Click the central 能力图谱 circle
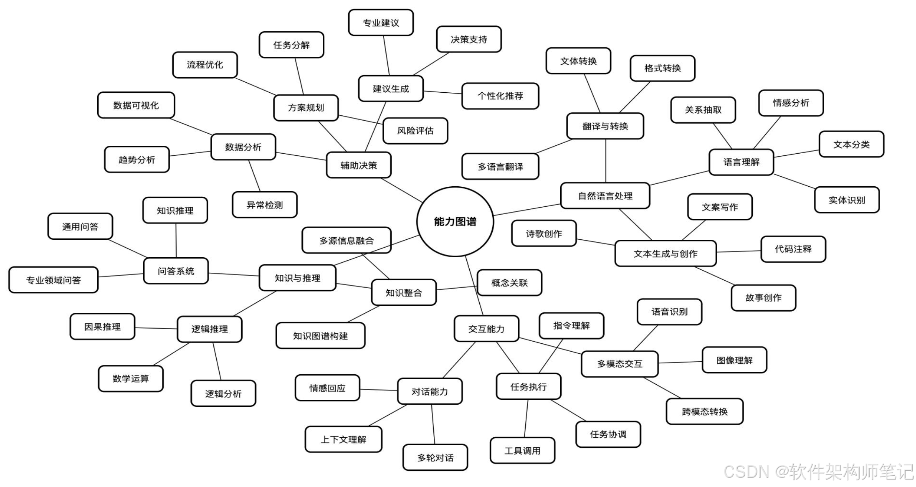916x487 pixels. [x=455, y=221]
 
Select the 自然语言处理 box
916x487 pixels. [x=605, y=195]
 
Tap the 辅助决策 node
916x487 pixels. [x=359, y=165]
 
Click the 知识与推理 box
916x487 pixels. [x=297, y=278]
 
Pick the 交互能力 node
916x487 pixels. [x=486, y=329]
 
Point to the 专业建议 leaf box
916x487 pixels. [x=381, y=23]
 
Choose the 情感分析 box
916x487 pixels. [x=791, y=103]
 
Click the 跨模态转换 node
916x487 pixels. [x=704, y=411]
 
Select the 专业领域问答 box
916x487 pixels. [x=53, y=280]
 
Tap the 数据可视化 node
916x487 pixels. [x=136, y=105]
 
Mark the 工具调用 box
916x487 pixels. [x=522, y=450]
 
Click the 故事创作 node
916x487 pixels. [x=763, y=297]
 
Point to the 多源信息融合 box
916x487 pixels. [x=347, y=240]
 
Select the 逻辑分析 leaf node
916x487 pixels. [x=223, y=393]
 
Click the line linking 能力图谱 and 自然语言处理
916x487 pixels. [x=527, y=210]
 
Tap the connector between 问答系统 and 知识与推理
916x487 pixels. [x=234, y=274]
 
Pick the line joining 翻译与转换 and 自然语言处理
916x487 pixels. [x=605, y=161]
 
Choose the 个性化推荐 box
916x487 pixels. [x=500, y=96]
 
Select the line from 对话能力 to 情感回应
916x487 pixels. [x=378, y=390]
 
